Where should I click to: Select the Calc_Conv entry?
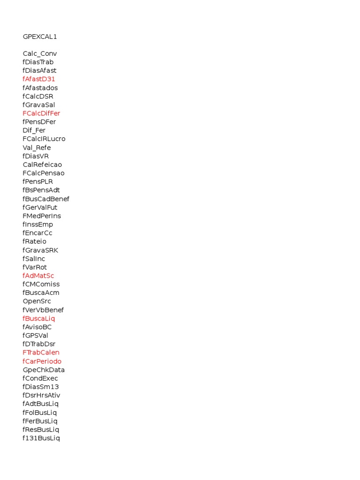click(39, 53)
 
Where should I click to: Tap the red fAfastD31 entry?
click(38, 79)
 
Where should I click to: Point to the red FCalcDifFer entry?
click(41, 113)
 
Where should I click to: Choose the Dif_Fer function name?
click(34, 130)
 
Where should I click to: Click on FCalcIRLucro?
click(44, 139)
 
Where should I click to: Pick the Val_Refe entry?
click(37, 148)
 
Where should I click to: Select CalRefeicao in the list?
click(42, 165)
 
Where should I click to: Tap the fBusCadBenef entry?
click(46, 199)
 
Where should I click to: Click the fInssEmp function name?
click(37, 225)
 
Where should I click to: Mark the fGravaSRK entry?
click(40, 250)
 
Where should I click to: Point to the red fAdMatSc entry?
click(38, 276)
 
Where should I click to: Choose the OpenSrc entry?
click(37, 301)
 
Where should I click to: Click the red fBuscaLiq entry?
click(38, 318)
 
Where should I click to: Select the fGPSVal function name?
click(35, 335)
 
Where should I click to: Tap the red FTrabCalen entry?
click(41, 352)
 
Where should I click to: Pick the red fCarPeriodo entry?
click(42, 361)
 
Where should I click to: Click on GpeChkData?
click(44, 370)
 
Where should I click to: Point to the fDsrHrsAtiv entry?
click(41, 395)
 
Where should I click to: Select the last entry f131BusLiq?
click(41, 438)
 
